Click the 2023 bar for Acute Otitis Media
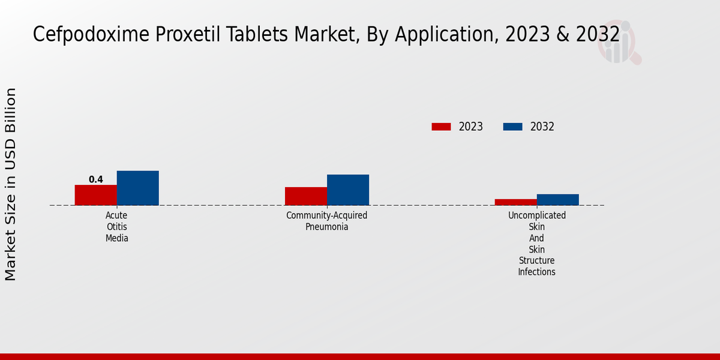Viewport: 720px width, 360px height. (x=96, y=195)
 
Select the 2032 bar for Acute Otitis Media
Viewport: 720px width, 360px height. (x=138, y=188)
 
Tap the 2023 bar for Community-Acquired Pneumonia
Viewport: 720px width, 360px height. (x=306, y=196)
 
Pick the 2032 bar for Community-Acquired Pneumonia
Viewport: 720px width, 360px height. (x=348, y=190)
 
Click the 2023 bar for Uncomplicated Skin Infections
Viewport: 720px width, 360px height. (x=516, y=202)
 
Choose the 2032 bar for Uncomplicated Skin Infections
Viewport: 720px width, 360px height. (x=558, y=200)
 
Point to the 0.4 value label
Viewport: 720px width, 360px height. (x=96, y=179)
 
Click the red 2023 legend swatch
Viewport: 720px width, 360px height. (x=441, y=127)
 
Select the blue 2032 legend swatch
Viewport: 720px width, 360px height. (x=513, y=127)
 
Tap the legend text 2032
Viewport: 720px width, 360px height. (x=542, y=127)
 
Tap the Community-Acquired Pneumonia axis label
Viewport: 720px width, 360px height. (x=327, y=221)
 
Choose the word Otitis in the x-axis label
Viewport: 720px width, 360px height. (x=117, y=227)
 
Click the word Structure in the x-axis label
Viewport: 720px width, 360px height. (x=537, y=260)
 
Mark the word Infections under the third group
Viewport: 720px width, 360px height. (x=537, y=272)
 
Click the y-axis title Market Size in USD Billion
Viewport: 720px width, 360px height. (x=11, y=184)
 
